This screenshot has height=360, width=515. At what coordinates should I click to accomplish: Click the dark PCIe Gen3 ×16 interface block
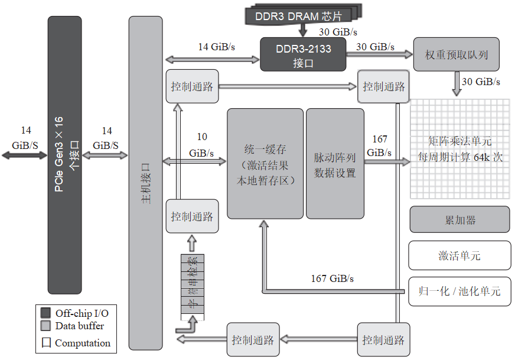tap(64, 155)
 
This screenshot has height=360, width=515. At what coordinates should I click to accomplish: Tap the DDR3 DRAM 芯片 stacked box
tap(302, 16)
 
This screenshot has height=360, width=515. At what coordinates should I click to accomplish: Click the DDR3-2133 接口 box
tap(303, 54)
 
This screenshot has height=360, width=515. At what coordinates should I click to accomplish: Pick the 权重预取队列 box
tap(456, 55)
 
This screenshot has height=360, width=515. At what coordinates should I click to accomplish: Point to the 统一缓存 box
tap(265, 164)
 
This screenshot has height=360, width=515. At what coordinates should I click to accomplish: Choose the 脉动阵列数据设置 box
tap(335, 164)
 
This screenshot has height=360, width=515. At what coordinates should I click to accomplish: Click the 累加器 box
tap(459, 220)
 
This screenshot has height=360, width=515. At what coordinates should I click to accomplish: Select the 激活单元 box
tap(459, 255)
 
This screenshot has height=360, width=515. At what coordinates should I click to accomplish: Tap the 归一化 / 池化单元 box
tap(459, 291)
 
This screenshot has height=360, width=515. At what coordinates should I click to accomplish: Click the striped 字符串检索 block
tap(191, 287)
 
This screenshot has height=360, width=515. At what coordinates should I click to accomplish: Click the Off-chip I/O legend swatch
tap(45, 313)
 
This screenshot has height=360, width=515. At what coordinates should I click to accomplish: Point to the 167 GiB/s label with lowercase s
tap(333, 278)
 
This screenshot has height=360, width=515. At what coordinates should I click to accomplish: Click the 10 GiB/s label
tap(201, 145)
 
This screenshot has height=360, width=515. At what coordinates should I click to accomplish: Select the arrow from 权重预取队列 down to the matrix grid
tap(457, 83)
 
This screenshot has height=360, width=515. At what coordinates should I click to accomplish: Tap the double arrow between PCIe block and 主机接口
tap(106, 155)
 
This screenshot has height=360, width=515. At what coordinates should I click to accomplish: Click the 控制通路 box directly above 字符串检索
tap(191, 216)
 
